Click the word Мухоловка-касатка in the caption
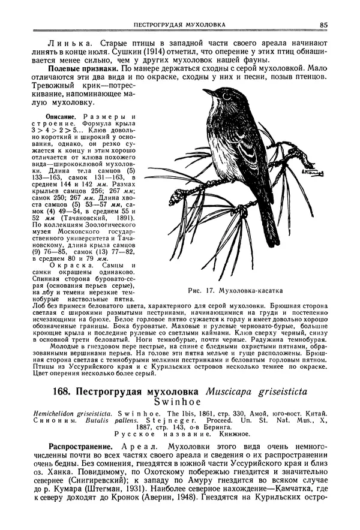249,291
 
